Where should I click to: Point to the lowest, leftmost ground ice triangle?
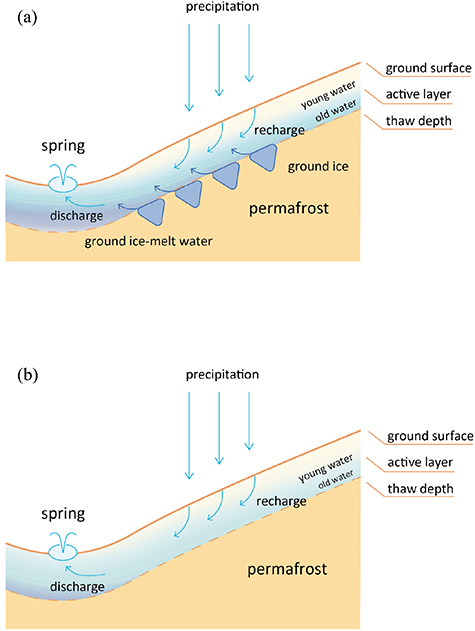pyautogui.click(x=151, y=211)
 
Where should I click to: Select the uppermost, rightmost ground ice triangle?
pyautogui.click(x=265, y=157)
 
